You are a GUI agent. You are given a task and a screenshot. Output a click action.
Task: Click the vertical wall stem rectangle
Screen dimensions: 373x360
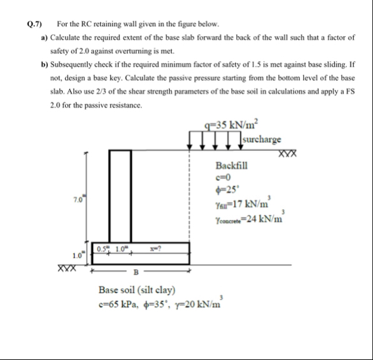tap(121, 196)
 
